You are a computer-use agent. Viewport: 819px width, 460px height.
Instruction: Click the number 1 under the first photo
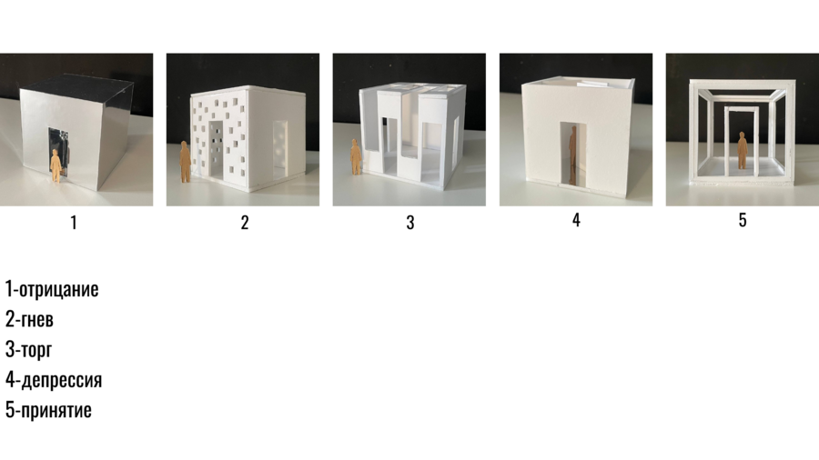point(74,223)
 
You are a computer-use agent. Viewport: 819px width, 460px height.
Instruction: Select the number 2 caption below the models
point(245,223)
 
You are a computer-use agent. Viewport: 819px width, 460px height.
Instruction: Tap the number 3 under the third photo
point(410,223)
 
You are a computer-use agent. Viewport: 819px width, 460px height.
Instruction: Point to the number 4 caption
point(576,220)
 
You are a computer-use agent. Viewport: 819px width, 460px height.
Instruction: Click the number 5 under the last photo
point(743,220)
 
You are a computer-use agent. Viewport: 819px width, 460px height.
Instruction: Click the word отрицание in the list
point(58,289)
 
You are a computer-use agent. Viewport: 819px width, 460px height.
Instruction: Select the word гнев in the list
point(36,320)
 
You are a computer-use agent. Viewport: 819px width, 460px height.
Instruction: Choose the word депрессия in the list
point(62,381)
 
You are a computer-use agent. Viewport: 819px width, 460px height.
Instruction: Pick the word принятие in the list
point(56,410)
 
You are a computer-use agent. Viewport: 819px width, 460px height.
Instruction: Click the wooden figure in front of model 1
point(56,165)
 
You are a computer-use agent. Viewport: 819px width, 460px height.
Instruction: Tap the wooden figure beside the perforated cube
point(185,162)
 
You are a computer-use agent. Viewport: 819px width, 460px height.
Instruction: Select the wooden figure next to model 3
point(355,156)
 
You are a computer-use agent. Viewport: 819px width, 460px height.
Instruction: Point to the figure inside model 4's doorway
point(572,155)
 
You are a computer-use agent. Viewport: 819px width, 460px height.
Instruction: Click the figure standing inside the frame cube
point(743,150)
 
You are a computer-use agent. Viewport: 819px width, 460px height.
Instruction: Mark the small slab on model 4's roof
point(592,83)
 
